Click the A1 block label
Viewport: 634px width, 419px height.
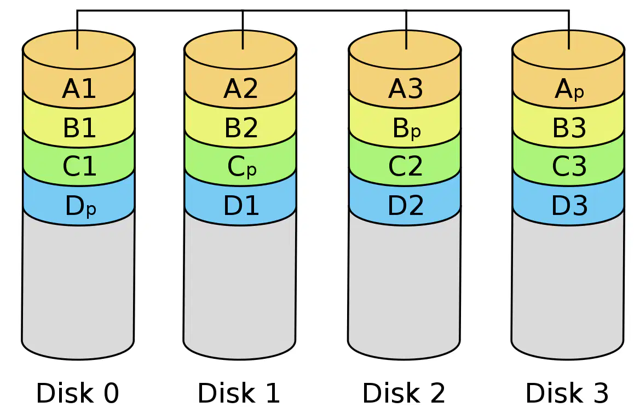coord(79,89)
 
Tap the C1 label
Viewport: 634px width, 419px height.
coord(79,166)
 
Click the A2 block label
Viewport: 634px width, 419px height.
coord(240,89)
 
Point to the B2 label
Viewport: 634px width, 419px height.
coord(241,127)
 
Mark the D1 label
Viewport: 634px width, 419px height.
coord(241,205)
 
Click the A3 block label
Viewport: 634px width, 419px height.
coord(406,89)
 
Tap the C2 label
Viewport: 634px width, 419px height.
coord(406,166)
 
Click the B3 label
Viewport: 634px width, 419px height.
coord(569,127)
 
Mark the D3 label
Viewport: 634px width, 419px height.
coord(569,205)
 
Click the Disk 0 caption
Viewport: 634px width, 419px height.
coord(78,393)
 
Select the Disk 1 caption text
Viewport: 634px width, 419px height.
coord(239,393)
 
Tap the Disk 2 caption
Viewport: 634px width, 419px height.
coord(404,393)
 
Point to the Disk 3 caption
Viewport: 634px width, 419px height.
coord(567,393)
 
